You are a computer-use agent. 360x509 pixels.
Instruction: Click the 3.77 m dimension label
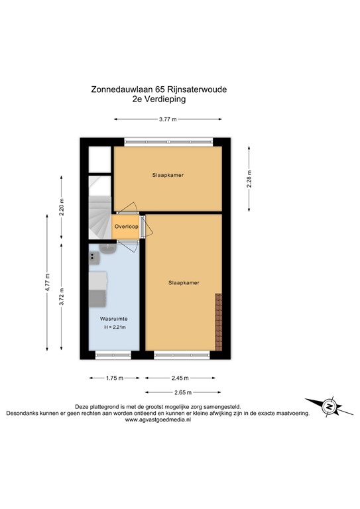pos(168,119)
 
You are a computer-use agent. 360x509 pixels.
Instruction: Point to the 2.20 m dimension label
pos(61,210)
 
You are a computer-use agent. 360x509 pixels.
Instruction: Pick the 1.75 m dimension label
pos(115,378)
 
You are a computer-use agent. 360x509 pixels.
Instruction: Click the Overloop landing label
pos(125,227)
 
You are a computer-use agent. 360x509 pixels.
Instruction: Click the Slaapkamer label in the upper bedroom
pos(166,176)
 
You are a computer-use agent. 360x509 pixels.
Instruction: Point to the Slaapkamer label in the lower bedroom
pos(184,283)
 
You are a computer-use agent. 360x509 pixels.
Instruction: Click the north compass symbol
pos(325,406)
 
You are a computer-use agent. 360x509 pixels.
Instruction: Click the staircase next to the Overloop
pos(99,215)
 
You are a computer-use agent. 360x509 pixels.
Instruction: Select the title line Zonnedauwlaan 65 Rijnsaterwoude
pos(162,88)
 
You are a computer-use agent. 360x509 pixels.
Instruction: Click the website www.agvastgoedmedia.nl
pos(162,419)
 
